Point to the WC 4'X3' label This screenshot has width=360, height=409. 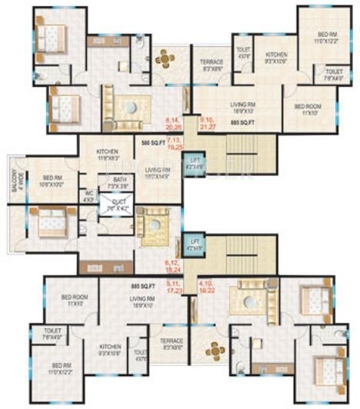click(x=89, y=195)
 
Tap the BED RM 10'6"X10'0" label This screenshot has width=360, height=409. click(x=44, y=182)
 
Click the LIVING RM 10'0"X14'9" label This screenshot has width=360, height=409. click(x=157, y=174)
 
